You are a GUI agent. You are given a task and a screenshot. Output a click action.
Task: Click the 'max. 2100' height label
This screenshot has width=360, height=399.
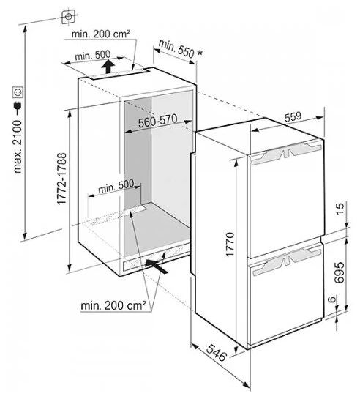[18, 146]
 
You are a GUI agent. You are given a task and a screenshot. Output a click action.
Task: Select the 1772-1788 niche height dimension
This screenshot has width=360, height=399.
[61, 179]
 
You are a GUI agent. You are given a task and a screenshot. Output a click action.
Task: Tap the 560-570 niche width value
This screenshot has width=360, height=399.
[157, 121]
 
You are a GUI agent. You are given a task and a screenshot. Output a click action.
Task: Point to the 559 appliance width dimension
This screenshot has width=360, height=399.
[293, 117]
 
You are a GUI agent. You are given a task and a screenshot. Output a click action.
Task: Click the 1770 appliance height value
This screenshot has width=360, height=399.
[230, 245]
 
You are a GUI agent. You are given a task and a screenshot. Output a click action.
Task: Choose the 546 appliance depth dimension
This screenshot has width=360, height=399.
[216, 353]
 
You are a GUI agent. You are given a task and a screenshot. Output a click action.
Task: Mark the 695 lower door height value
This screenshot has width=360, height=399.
[340, 272]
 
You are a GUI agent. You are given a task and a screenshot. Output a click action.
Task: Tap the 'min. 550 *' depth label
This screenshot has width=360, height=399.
[181, 49]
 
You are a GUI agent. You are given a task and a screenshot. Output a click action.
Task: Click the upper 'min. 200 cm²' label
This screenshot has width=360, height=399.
[101, 34]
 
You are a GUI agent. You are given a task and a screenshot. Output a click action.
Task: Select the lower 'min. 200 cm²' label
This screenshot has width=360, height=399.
[113, 305]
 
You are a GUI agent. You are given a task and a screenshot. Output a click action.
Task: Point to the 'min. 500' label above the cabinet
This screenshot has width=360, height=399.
[93, 55]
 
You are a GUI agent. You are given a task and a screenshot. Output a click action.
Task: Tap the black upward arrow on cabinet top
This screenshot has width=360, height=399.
[108, 66]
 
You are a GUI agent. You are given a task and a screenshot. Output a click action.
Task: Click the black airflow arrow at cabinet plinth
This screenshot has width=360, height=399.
[157, 266]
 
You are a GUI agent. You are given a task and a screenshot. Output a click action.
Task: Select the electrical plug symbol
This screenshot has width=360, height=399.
[18, 108]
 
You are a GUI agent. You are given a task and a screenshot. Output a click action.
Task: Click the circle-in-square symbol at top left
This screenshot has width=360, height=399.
[68, 17]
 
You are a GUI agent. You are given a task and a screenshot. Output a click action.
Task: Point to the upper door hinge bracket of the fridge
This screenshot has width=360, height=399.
[287, 153]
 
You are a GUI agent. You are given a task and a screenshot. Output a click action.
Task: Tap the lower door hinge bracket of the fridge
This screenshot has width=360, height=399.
[287, 261]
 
